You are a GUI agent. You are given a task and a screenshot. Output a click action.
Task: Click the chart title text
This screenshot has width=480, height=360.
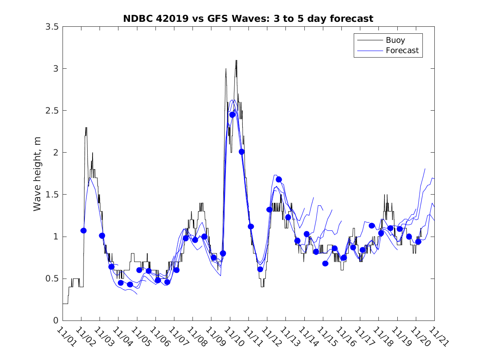[248, 19]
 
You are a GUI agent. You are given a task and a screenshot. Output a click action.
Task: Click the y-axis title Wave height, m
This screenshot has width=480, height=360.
[37, 174]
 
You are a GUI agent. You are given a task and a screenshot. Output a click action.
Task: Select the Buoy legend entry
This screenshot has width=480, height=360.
[395, 40]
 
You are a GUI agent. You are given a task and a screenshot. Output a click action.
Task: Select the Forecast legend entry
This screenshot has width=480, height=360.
[402, 51]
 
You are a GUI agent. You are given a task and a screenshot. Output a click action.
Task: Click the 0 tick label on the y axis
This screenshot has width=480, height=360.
[55, 321]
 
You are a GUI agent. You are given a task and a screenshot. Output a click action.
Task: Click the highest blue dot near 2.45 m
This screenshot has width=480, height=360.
[232, 115]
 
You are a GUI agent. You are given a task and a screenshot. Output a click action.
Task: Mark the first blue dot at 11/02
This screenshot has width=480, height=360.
[83, 230]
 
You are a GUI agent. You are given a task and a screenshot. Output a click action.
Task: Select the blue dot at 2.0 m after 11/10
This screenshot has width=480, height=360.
[242, 152]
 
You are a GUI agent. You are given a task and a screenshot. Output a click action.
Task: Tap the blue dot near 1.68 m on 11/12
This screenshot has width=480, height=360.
[279, 179]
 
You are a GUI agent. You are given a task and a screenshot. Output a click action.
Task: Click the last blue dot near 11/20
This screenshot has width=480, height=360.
[418, 242]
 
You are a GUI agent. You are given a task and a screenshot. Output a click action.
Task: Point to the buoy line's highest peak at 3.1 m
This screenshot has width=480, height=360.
[236, 60]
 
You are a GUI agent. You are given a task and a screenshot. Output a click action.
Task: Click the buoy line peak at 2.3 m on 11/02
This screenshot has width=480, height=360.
[86, 128]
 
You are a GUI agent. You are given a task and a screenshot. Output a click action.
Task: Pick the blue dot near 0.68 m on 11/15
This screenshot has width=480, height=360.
[325, 263]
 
